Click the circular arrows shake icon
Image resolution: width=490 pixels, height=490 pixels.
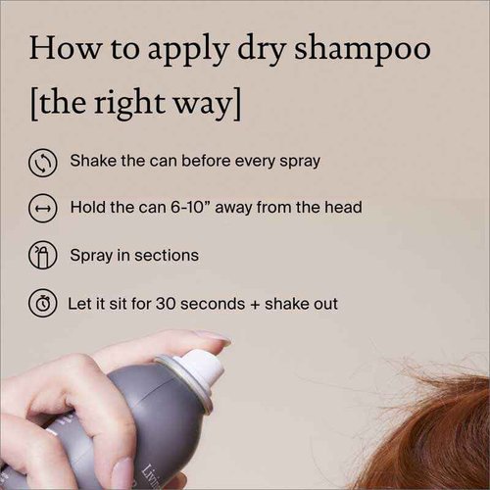41,161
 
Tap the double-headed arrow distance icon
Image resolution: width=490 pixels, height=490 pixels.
41,208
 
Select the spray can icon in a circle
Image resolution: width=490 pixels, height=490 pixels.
41,255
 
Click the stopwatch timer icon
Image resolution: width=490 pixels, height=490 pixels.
41,303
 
